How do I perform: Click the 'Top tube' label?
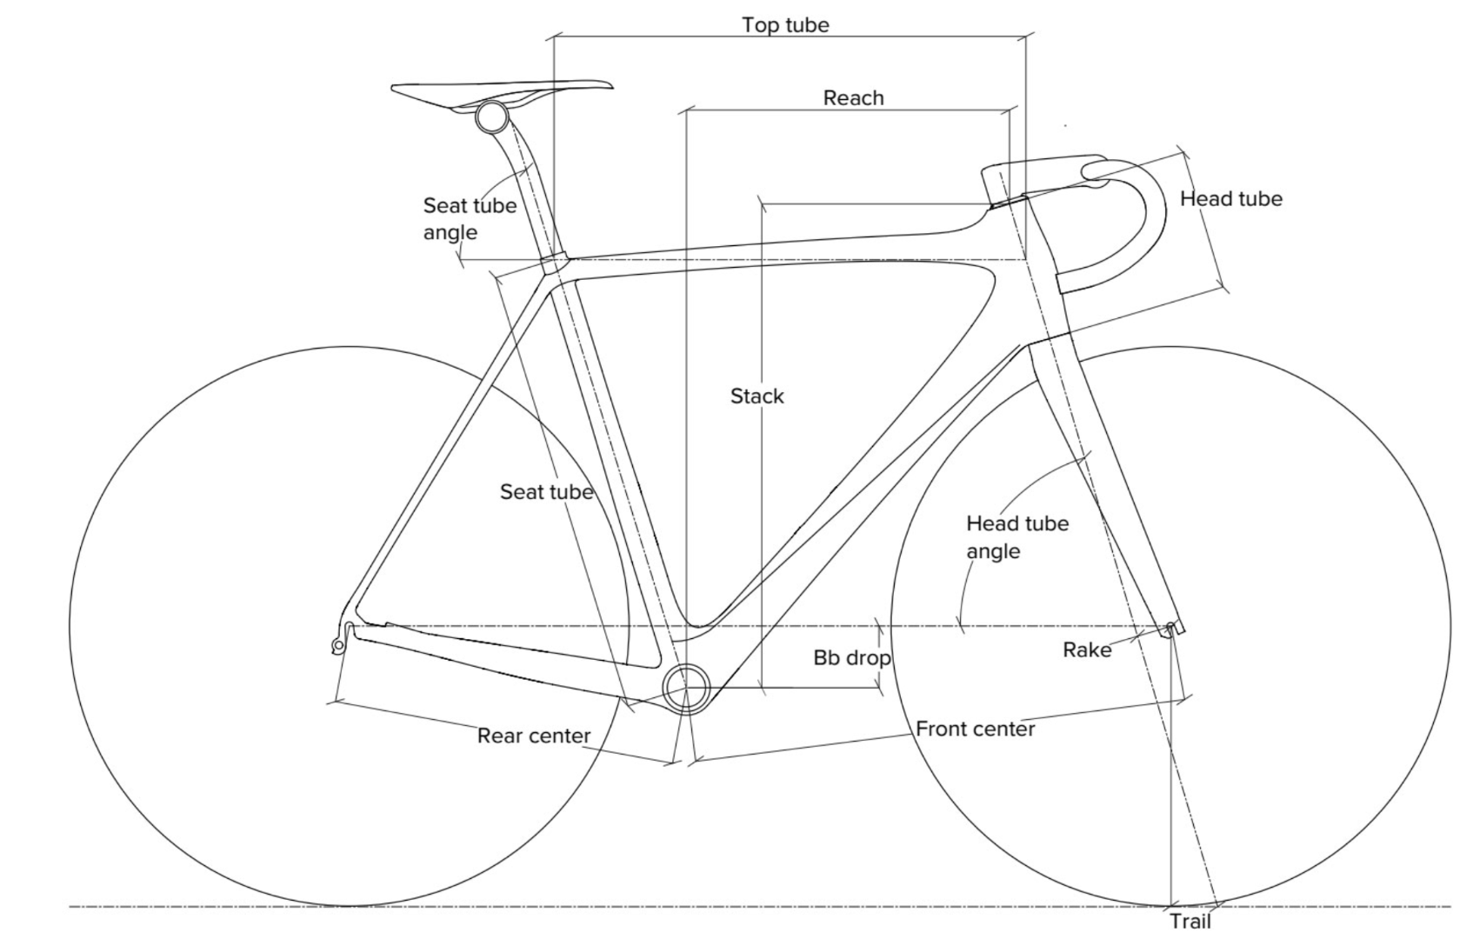coord(785,25)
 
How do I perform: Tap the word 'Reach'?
coord(854,98)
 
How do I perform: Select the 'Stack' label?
coord(756,396)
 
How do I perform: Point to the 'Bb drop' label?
coord(851,657)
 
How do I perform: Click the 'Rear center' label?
coord(534,736)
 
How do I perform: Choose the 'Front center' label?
coord(976,729)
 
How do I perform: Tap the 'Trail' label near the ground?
coord(1190,922)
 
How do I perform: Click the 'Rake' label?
coord(1087,649)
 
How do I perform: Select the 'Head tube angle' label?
coord(1017,537)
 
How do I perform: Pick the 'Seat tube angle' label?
coord(470,218)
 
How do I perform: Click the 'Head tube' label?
coord(1231,198)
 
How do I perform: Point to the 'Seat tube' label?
coord(546,491)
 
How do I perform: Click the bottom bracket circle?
coord(687,688)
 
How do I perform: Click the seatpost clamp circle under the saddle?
coord(492,117)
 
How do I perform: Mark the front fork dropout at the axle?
coord(1171,628)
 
